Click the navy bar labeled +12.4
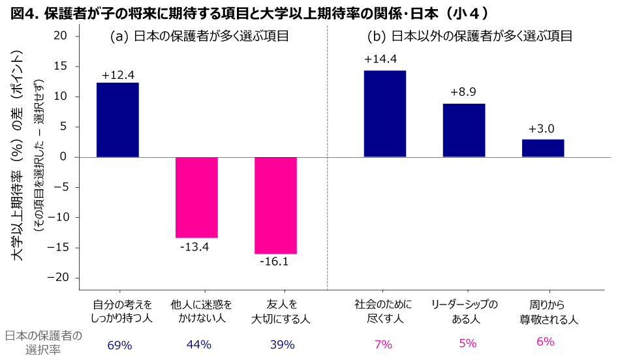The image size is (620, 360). [117, 120]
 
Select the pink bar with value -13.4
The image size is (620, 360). [196, 197]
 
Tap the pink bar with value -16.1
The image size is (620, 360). [275, 205]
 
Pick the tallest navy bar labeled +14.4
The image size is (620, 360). [384, 114]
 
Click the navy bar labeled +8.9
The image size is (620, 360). [464, 130]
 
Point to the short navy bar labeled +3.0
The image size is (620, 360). [543, 148]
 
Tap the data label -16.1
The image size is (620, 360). [273, 262]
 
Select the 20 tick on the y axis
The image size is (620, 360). [60, 37]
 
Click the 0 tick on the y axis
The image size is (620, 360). [63, 157]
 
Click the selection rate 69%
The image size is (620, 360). [120, 344]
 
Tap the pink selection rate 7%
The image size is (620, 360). [383, 344]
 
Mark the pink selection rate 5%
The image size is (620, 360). [467, 344]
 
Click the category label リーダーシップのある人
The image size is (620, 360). [465, 312]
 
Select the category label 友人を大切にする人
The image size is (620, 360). [281, 312]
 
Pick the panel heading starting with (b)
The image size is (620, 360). [469, 37]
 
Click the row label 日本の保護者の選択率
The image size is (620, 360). [44, 342]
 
